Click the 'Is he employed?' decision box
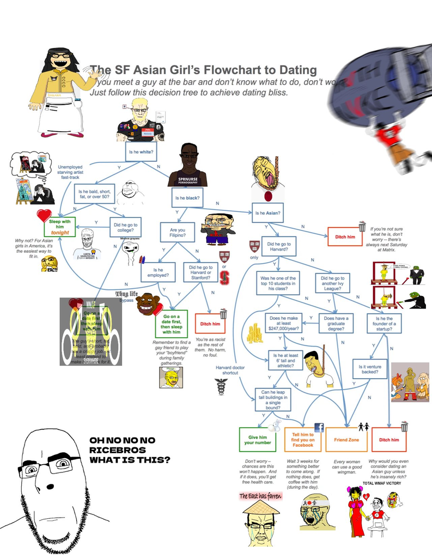tap(158, 272)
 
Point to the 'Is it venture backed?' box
tap(370, 370)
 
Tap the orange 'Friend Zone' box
tap(346, 439)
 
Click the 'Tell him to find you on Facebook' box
tap(302, 439)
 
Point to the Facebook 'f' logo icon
tap(319, 428)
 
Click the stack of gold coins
tap(254, 333)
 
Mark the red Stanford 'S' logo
tap(223, 278)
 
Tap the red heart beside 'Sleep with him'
tap(44, 216)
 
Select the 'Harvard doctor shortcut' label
tap(230, 371)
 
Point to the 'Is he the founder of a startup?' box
tap(384, 323)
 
